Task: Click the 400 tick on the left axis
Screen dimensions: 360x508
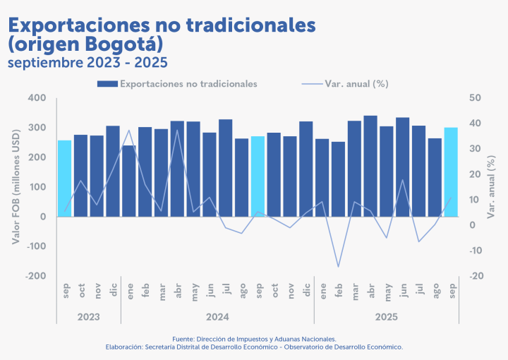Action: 36,98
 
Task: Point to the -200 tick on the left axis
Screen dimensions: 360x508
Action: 35,276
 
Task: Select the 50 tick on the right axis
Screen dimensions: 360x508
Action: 475,98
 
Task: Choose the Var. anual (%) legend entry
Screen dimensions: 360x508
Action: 356,84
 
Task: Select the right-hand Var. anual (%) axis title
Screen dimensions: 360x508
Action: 492,186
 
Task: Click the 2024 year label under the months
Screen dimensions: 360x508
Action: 218,317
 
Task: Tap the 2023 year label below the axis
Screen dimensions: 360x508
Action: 89,317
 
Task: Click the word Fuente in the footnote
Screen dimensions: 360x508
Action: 186,339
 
